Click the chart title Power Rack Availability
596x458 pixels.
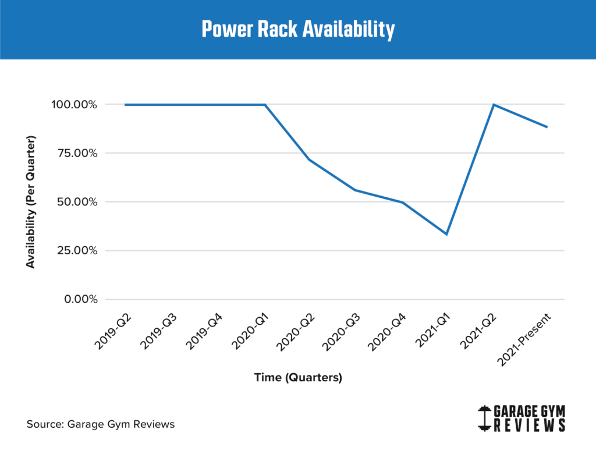tap(298, 29)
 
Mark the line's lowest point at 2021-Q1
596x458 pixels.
tap(446, 234)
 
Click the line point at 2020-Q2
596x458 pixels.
tap(310, 159)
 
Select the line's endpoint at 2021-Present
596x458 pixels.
tap(547, 127)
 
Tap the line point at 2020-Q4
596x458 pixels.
tap(402, 202)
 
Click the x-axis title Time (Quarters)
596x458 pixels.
tap(298, 378)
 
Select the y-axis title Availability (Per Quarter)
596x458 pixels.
tap(30, 202)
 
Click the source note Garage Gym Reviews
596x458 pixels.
tap(101, 424)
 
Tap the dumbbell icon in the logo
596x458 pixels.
tap(483, 418)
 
